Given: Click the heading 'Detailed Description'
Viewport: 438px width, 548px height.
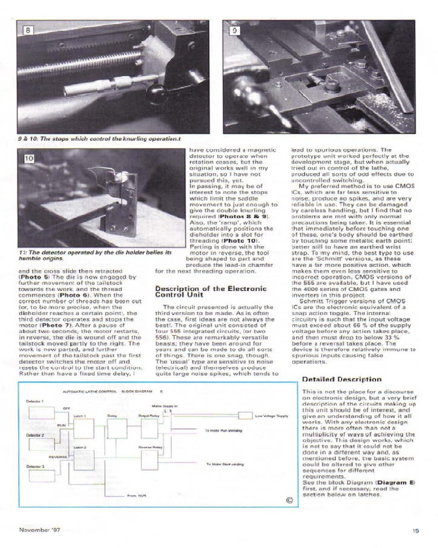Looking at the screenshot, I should tap(342, 379).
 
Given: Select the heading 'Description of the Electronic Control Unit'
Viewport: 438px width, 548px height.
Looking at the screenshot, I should tap(211, 292).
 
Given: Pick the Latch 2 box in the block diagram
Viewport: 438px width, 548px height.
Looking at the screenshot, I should tap(84, 459).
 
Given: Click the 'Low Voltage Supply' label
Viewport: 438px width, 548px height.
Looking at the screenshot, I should tap(272, 416).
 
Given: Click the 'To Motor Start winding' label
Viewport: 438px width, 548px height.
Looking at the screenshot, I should tap(225, 464).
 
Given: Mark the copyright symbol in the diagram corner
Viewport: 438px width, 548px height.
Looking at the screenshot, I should tap(290, 499).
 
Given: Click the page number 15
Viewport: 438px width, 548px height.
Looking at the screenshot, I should tap(416, 530).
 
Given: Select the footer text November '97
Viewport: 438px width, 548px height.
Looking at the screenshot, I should tap(40, 530).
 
